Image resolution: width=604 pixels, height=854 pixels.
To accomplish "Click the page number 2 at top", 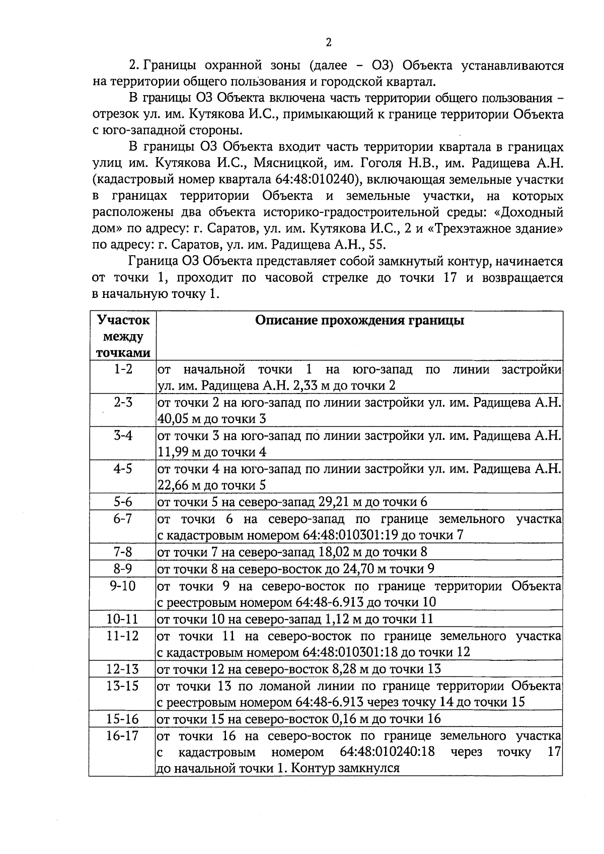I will coord(329,42).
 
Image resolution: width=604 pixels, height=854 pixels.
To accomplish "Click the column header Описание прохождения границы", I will coord(359,321).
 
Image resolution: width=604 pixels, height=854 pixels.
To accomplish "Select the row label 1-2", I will coord(122,369).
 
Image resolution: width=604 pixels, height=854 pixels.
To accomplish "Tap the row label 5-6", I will coord(122,502).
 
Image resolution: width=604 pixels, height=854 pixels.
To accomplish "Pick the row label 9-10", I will coord(122,586).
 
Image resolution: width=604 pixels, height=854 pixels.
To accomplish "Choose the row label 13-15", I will coord(122,685).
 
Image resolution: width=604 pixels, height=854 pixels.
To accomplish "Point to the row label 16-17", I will coord(122,736).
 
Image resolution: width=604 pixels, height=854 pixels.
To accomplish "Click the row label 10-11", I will coord(122,618).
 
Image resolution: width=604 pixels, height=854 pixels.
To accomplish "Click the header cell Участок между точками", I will coord(122,336).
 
